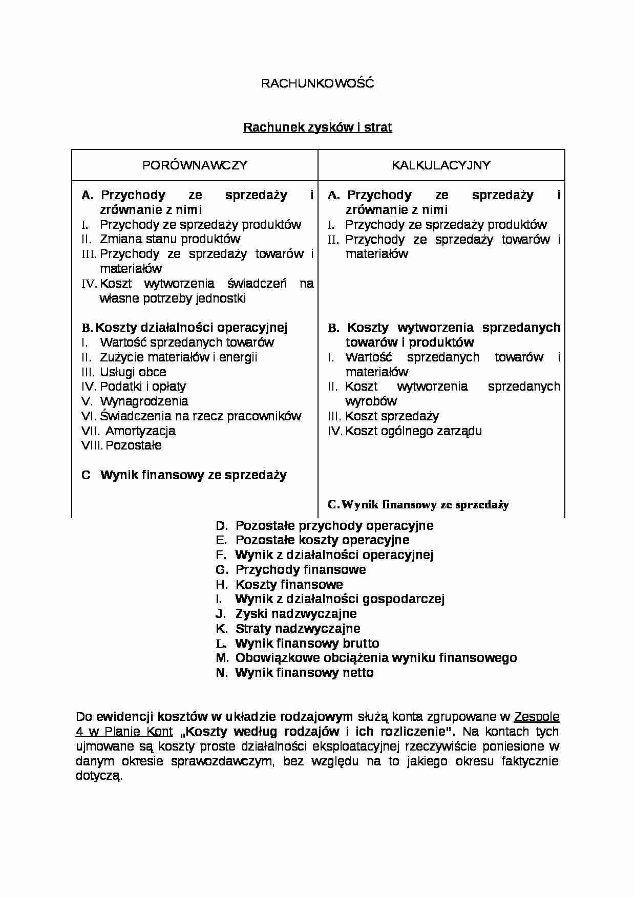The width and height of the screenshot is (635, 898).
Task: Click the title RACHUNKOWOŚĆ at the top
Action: [317, 83]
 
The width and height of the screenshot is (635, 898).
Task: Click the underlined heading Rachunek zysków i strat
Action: [317, 127]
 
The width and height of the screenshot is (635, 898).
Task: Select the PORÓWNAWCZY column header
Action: [195, 165]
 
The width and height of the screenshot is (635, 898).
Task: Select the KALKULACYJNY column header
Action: [441, 165]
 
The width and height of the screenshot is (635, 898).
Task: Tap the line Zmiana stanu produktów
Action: [170, 239]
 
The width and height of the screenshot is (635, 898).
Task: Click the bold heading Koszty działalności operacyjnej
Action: [192, 328]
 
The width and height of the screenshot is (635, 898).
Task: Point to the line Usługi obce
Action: [133, 372]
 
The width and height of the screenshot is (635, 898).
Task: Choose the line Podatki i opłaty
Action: [143, 387]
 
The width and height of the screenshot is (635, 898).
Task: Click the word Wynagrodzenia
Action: [144, 401]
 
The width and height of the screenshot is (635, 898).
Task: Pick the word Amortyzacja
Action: [140, 431]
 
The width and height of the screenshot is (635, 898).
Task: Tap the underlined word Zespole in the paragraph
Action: [536, 717]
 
